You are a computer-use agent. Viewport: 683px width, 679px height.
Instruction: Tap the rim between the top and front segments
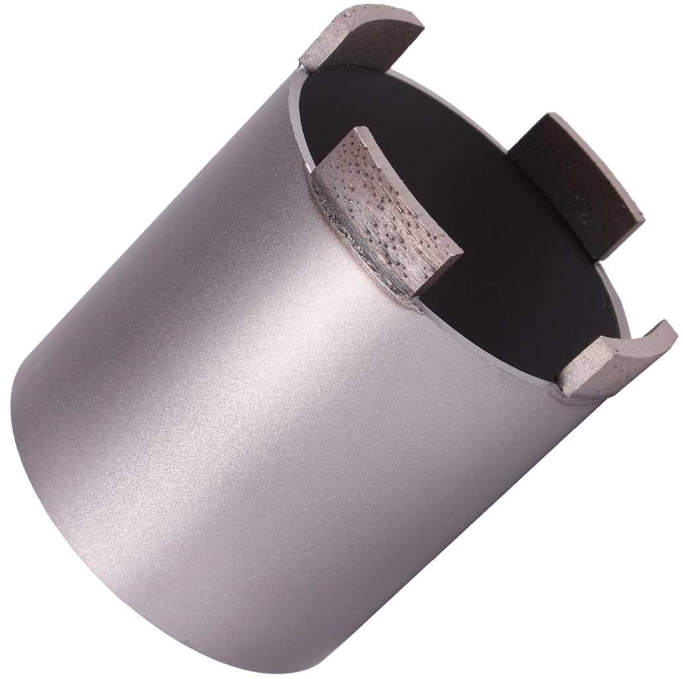299,119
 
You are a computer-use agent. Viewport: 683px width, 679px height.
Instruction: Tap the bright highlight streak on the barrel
265,371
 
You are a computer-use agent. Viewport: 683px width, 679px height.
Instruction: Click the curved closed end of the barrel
40,463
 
